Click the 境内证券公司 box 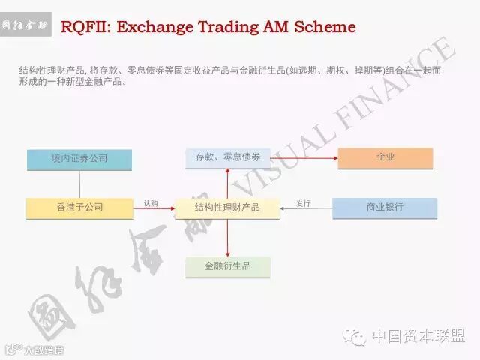[x=79, y=159]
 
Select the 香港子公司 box [x=79, y=207]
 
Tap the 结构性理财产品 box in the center [x=227, y=207]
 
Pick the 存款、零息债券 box [x=227, y=157]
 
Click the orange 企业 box [x=385, y=157]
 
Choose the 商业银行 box [x=385, y=207]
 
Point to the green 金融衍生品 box [x=227, y=266]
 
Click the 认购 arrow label [x=151, y=203]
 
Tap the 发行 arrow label [x=303, y=203]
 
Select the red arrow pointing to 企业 [x=300, y=158]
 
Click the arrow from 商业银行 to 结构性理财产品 [x=306, y=208]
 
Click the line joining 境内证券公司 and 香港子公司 [x=79, y=184]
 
